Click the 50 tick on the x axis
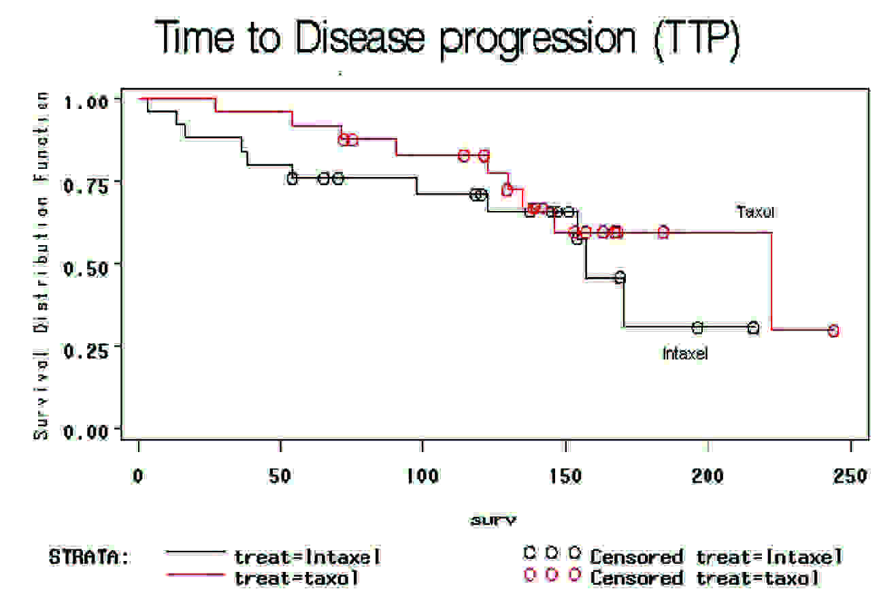point(281,475)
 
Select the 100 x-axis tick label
point(422,475)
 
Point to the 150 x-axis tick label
point(565,475)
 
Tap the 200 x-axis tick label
point(708,475)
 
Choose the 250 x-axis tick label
point(850,475)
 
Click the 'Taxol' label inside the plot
point(755,212)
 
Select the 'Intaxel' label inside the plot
point(685,354)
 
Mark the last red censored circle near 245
point(833,331)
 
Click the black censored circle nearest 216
point(753,328)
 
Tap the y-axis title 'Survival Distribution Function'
point(43,266)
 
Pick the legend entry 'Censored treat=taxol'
point(705,579)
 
